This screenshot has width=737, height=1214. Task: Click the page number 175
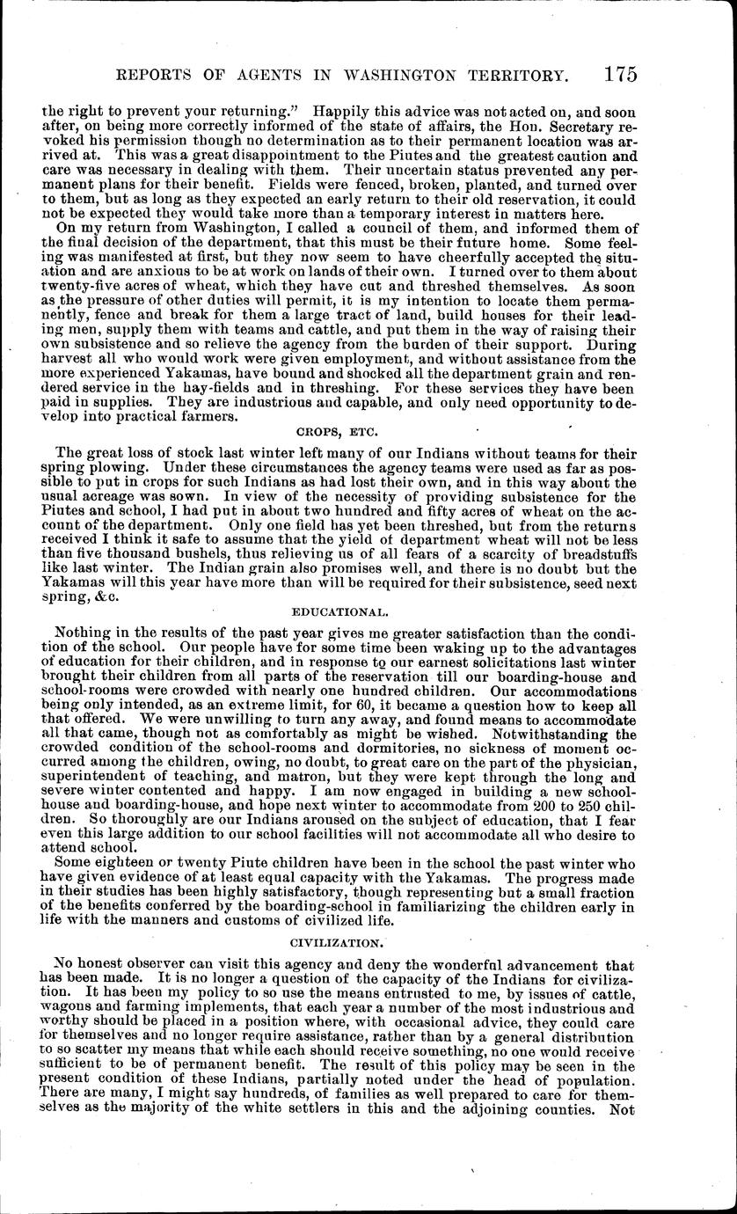coord(621,75)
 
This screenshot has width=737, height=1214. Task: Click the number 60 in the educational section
coord(328,706)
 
